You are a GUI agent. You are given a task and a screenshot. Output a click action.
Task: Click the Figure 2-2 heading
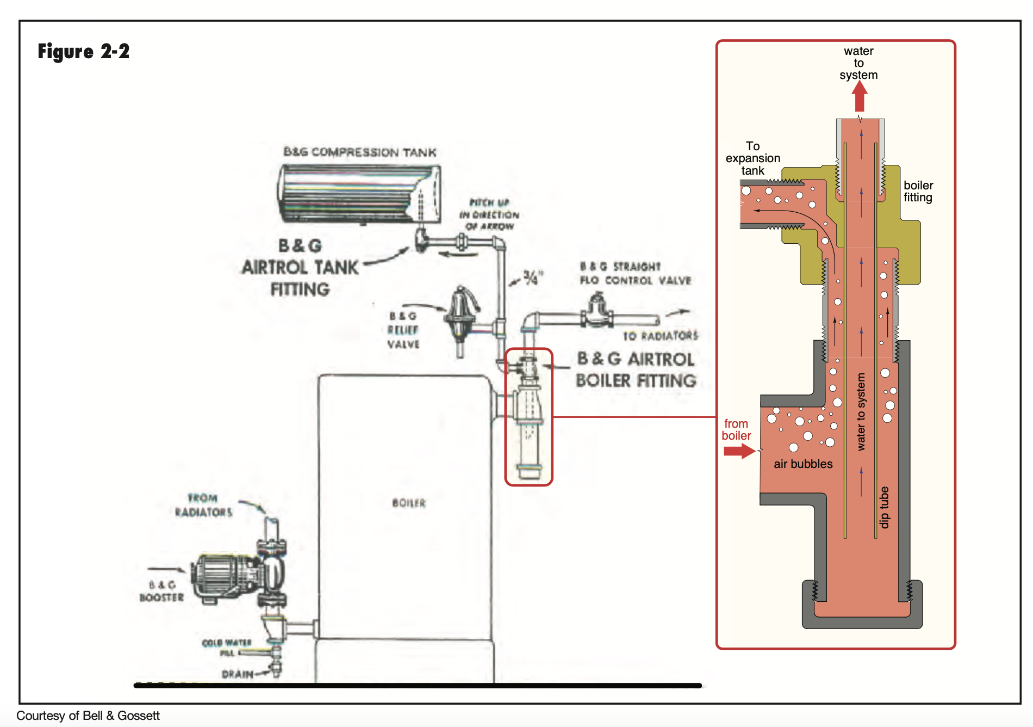pos(84,52)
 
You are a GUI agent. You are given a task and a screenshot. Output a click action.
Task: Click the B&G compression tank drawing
pos(359,194)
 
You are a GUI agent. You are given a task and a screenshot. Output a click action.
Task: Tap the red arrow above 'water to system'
pos(859,96)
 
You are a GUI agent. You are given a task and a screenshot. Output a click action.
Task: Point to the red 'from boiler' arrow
pos(739,451)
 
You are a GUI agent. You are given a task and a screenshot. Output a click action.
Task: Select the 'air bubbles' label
pos(803,464)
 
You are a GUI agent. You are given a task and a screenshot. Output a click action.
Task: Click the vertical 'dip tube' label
pos(885,507)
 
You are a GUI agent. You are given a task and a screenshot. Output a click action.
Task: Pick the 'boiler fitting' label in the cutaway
pos(918,192)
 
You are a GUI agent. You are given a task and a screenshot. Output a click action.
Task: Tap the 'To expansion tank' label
pos(753,158)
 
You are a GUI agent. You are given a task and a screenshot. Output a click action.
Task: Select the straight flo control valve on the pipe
pos(598,311)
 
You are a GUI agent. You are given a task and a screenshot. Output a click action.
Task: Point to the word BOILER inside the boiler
pos(409,503)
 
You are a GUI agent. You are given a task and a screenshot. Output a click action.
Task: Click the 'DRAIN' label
pos(238,674)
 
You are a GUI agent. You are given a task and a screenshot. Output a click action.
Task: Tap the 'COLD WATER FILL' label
pos(227,648)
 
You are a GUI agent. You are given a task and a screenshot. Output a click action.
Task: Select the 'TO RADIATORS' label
pos(661,336)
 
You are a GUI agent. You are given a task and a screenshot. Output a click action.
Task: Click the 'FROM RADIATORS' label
pos(203,505)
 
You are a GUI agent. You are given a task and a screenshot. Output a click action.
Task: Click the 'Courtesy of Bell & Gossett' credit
pos(88,716)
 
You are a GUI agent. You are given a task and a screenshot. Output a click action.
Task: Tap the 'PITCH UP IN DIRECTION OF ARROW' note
pos(489,214)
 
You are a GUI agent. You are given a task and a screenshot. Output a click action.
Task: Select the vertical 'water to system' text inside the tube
pos(861,412)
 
